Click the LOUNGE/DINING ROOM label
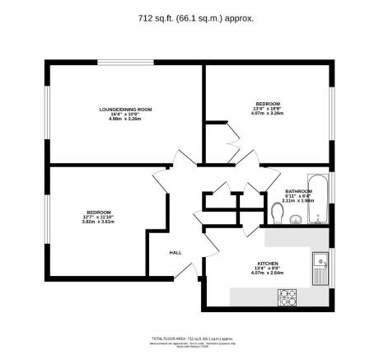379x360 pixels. point(126,110)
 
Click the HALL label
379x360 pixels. point(175,252)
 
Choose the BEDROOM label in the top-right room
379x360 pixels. point(268,103)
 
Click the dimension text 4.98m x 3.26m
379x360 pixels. point(126,119)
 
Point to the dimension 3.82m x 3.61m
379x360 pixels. point(99,222)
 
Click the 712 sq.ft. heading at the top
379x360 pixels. point(189,16)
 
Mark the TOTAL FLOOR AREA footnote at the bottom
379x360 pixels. point(189,339)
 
